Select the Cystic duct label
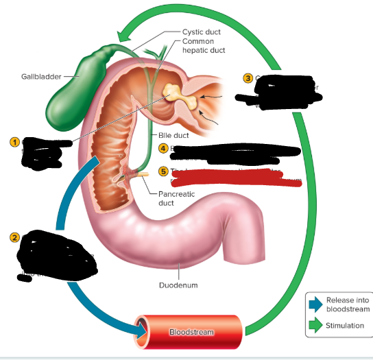(x=201, y=32)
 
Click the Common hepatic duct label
(x=204, y=46)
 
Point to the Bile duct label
(x=173, y=136)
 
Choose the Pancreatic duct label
(x=176, y=198)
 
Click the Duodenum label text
(x=179, y=285)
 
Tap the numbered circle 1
(x=13, y=141)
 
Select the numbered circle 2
(x=13, y=237)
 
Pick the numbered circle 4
(x=163, y=148)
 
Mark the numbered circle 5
(x=163, y=171)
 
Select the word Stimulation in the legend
(x=345, y=326)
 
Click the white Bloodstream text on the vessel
(x=192, y=332)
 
